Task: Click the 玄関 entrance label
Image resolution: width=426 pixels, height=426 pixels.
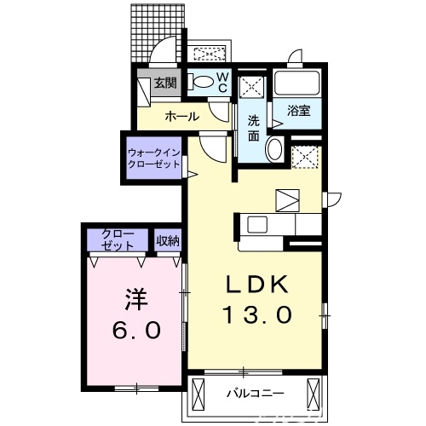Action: [x=164, y=83]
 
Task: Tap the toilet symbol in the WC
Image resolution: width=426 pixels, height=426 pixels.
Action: [x=202, y=83]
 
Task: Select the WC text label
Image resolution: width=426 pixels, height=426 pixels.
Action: [x=222, y=83]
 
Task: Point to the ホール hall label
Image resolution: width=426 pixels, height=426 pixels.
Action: [x=181, y=116]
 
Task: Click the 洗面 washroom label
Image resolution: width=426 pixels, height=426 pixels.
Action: [x=253, y=128]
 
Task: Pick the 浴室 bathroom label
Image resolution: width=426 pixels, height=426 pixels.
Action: [x=297, y=112]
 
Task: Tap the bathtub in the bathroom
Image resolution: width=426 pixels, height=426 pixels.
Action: [x=297, y=85]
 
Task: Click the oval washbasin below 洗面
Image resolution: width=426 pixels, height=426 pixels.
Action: [x=274, y=150]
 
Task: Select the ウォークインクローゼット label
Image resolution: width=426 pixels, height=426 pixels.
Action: [x=154, y=158]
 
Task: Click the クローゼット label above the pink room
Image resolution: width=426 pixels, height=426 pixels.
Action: [x=118, y=239]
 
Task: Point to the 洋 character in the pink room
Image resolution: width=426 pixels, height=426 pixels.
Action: [x=135, y=300]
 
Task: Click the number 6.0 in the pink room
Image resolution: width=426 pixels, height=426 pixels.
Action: [x=135, y=331]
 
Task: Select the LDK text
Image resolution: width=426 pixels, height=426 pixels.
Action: [x=257, y=285]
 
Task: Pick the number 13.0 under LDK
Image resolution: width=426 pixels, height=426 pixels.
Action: [x=257, y=315]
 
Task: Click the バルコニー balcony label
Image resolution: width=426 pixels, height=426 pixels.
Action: [x=255, y=394]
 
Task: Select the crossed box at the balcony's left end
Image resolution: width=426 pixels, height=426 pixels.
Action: [x=200, y=394]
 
